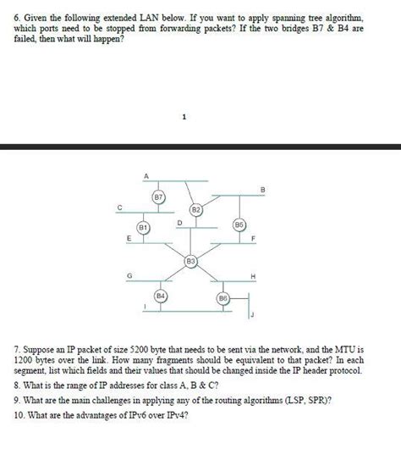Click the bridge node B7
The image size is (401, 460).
pyautogui.click(x=157, y=197)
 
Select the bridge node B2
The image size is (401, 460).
pyautogui.click(x=195, y=208)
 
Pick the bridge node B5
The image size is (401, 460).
pyautogui.click(x=239, y=224)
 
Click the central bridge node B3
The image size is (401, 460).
pyautogui.click(x=191, y=262)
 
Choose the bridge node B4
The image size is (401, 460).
pyautogui.click(x=161, y=296)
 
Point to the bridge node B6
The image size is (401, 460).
pyautogui.click(x=222, y=299)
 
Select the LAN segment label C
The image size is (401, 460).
pyautogui.click(x=119, y=207)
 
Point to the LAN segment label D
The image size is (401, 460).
pyautogui.click(x=179, y=222)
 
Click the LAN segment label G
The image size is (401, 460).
pyautogui.click(x=129, y=275)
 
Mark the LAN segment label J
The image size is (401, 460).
pyautogui.click(x=252, y=314)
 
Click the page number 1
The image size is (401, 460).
pyautogui.click(x=184, y=117)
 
